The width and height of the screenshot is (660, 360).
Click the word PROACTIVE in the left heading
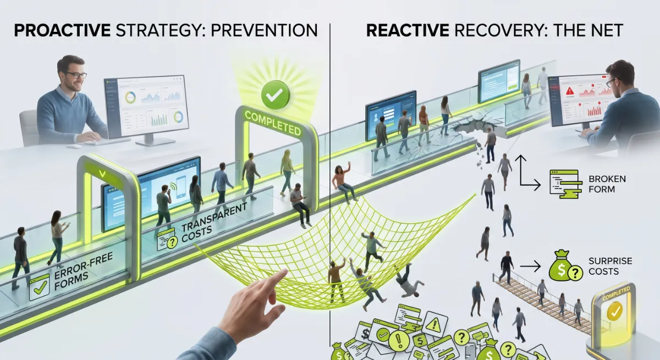pyautogui.click(x=62, y=30)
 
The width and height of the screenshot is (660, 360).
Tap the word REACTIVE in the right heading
pyautogui.click(x=408, y=30)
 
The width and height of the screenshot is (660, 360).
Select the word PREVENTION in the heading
pyautogui.click(x=265, y=30)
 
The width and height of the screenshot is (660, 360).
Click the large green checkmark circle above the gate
pyautogui.click(x=275, y=95)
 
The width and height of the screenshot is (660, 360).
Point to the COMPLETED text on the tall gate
pyautogui.click(x=273, y=123)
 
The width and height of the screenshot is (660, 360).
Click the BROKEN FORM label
pyautogui.click(x=607, y=184)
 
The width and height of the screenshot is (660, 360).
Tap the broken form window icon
pyautogui.click(x=565, y=184)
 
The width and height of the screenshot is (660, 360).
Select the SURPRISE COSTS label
pyautogui.click(x=610, y=266)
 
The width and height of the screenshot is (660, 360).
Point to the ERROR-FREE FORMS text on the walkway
pyautogui.click(x=83, y=272)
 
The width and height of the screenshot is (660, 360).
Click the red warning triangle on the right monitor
pyautogui.click(x=570, y=91)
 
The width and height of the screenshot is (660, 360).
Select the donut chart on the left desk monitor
pyautogui.click(x=130, y=97)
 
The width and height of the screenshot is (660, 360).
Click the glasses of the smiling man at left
pyautogui.click(x=76, y=75)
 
